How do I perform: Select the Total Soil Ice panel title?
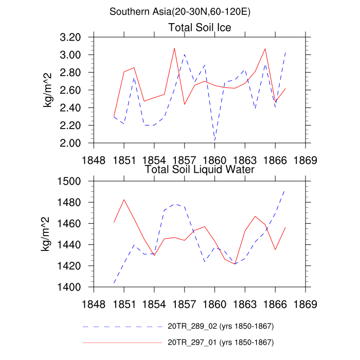[x=200, y=27]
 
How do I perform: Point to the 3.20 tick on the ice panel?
[x=70, y=37]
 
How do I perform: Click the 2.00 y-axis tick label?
[x=70, y=143]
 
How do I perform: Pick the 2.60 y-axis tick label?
[x=70, y=90]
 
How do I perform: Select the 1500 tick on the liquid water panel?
[x=70, y=181]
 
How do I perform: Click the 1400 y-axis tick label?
[x=70, y=287]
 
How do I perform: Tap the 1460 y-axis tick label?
[x=70, y=224]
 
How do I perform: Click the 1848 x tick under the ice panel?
[x=94, y=158]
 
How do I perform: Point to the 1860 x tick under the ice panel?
[x=214, y=158]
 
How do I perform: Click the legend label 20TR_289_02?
[x=220, y=327]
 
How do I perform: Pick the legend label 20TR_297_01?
[x=220, y=342]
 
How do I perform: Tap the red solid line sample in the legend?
[x=122, y=342]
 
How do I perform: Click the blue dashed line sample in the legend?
[x=122, y=327]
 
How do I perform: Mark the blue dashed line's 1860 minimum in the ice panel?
[x=215, y=140]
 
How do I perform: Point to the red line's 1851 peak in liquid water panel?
[x=124, y=200]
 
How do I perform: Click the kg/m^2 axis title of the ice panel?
[x=47, y=90]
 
